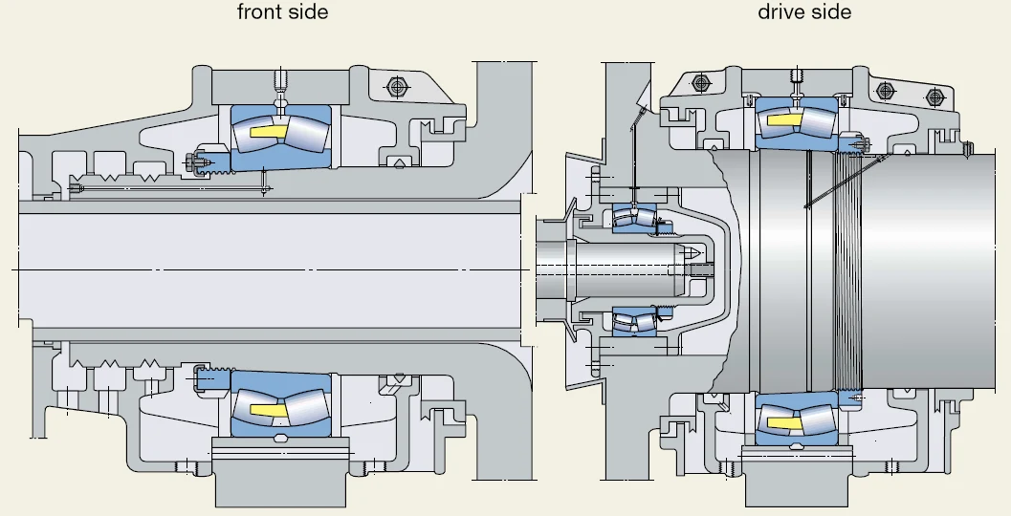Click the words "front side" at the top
282,11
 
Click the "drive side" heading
804,11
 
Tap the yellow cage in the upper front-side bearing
268,132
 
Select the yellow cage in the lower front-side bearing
268,410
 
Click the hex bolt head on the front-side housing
397,86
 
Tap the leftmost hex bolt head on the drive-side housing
701,82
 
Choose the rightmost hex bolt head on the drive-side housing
934,97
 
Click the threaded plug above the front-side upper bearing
280,80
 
